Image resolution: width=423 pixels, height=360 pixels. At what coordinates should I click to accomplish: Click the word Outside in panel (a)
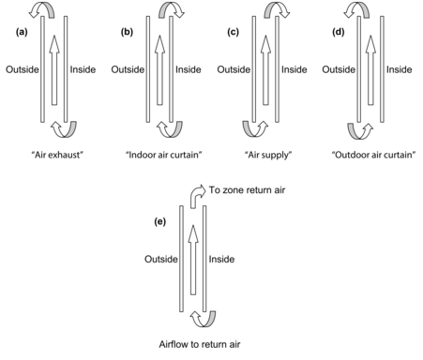[22, 69]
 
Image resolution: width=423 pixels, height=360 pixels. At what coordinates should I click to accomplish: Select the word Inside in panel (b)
[189, 69]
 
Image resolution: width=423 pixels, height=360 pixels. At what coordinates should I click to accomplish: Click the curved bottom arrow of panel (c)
[253, 127]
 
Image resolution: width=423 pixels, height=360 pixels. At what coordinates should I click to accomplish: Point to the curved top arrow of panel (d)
[358, 11]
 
